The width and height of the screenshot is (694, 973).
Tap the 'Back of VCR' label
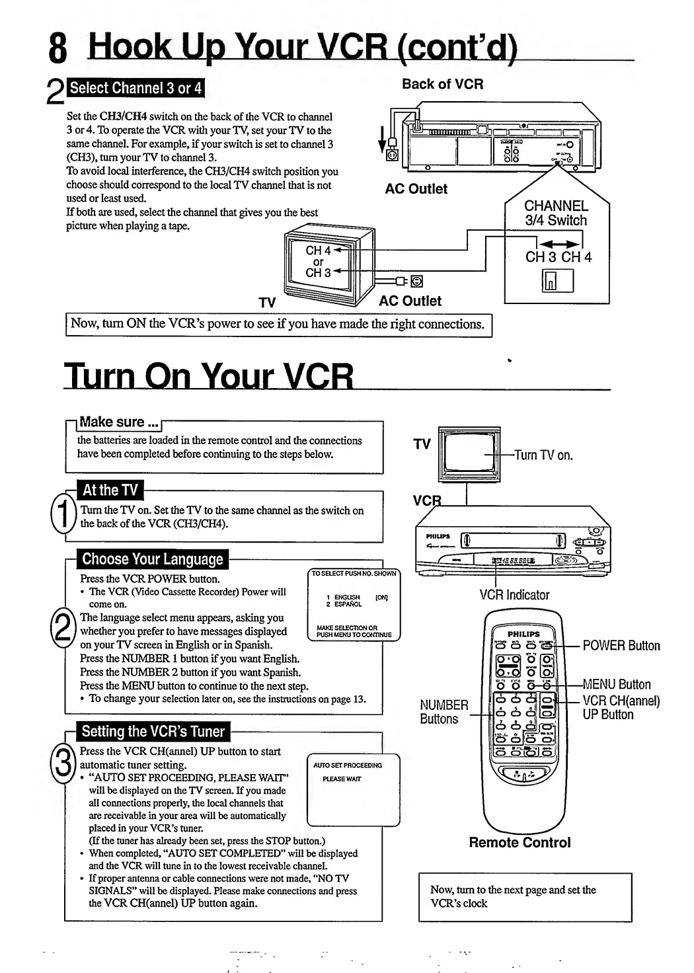pos(442,84)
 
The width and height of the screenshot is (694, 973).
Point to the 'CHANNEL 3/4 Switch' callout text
pos(556,213)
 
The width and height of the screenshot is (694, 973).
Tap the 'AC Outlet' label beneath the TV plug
pos(410,301)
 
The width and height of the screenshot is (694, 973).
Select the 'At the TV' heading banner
pos(110,490)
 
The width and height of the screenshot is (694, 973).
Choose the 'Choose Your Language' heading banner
pos(153,559)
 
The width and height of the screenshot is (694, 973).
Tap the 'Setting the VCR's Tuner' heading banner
pos(153,731)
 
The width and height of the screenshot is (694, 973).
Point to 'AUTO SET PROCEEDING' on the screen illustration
pos(348,765)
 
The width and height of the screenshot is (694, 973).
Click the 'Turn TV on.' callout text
pos(543,455)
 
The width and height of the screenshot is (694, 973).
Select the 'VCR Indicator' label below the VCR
pos(514,594)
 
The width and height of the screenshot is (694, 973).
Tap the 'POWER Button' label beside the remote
pos(621,646)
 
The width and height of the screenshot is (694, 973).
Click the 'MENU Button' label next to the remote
pos(617,684)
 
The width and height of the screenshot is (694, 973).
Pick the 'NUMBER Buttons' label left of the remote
pos(443,712)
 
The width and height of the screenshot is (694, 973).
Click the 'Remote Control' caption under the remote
pos(520,842)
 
